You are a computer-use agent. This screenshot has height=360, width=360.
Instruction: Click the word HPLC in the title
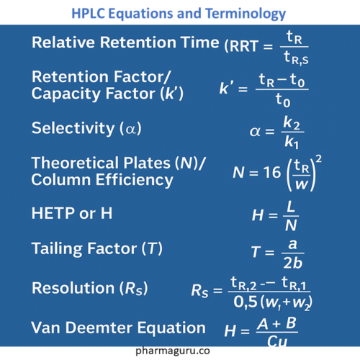[x=89, y=14]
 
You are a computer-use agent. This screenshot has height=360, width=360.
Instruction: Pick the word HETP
[x=53, y=213]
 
